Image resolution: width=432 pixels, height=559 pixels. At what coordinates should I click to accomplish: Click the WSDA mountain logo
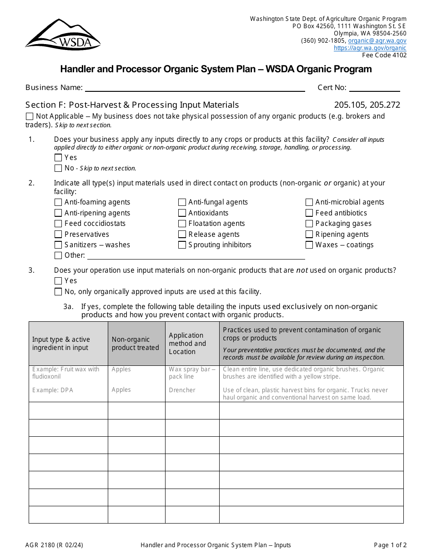pyautogui.click(x=63, y=35)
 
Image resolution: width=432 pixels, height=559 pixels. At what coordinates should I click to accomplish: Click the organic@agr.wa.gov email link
pyautogui.click(x=377, y=40)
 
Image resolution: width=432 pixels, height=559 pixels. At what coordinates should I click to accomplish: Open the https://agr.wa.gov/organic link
pyautogui.click(x=370, y=48)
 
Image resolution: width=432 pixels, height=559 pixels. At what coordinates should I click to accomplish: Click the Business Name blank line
pyautogui.click(x=195, y=88)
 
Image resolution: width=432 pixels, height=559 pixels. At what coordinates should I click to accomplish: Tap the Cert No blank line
pyautogui.click(x=374, y=88)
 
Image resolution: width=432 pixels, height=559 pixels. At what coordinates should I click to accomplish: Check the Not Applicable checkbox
pyautogui.click(x=30, y=116)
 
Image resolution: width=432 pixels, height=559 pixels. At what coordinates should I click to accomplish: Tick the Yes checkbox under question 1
pyautogui.click(x=58, y=158)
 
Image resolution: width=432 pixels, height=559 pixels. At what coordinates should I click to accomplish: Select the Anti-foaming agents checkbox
pyautogui.click(x=58, y=202)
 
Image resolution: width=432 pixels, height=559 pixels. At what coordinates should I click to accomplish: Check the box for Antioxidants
pyautogui.click(x=182, y=213)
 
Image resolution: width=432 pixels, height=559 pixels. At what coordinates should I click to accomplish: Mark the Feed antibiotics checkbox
pyautogui.click(x=309, y=213)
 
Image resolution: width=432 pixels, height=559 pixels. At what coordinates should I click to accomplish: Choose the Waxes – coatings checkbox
pyautogui.click(x=309, y=245)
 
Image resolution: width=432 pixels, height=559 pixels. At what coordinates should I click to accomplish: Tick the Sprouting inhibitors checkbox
pyautogui.click(x=182, y=245)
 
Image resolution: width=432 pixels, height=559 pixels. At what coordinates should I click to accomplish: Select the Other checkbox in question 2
pyautogui.click(x=58, y=255)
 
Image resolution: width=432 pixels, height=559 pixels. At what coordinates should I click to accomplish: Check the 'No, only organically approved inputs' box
pyautogui.click(x=58, y=292)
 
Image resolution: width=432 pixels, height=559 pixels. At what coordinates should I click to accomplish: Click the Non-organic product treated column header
pyautogui.click(x=136, y=344)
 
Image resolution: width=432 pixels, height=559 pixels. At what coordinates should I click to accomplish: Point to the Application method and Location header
pyautogui.click(x=187, y=344)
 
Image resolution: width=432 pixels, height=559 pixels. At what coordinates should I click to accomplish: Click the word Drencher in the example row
pyautogui.click(x=182, y=390)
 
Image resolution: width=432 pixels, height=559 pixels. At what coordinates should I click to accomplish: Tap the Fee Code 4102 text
pyautogui.click(x=384, y=55)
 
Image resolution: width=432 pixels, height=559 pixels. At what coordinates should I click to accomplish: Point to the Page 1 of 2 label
pyautogui.click(x=390, y=545)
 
